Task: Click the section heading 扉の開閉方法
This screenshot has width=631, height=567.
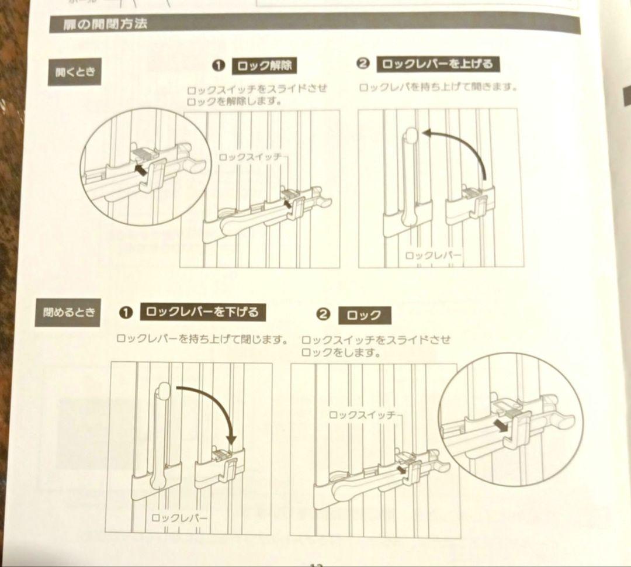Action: (x=106, y=25)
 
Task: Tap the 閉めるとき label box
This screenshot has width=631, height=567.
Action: (x=68, y=312)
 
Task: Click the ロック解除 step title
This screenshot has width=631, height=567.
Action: (x=265, y=66)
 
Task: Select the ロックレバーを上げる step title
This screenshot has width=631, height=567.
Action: (x=438, y=64)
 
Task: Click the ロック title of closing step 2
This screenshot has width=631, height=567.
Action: (x=368, y=316)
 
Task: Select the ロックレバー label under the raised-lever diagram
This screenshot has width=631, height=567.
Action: (x=433, y=255)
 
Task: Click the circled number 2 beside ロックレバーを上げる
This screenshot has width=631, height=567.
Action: (x=363, y=64)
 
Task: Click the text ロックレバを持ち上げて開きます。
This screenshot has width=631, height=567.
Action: (x=439, y=88)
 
